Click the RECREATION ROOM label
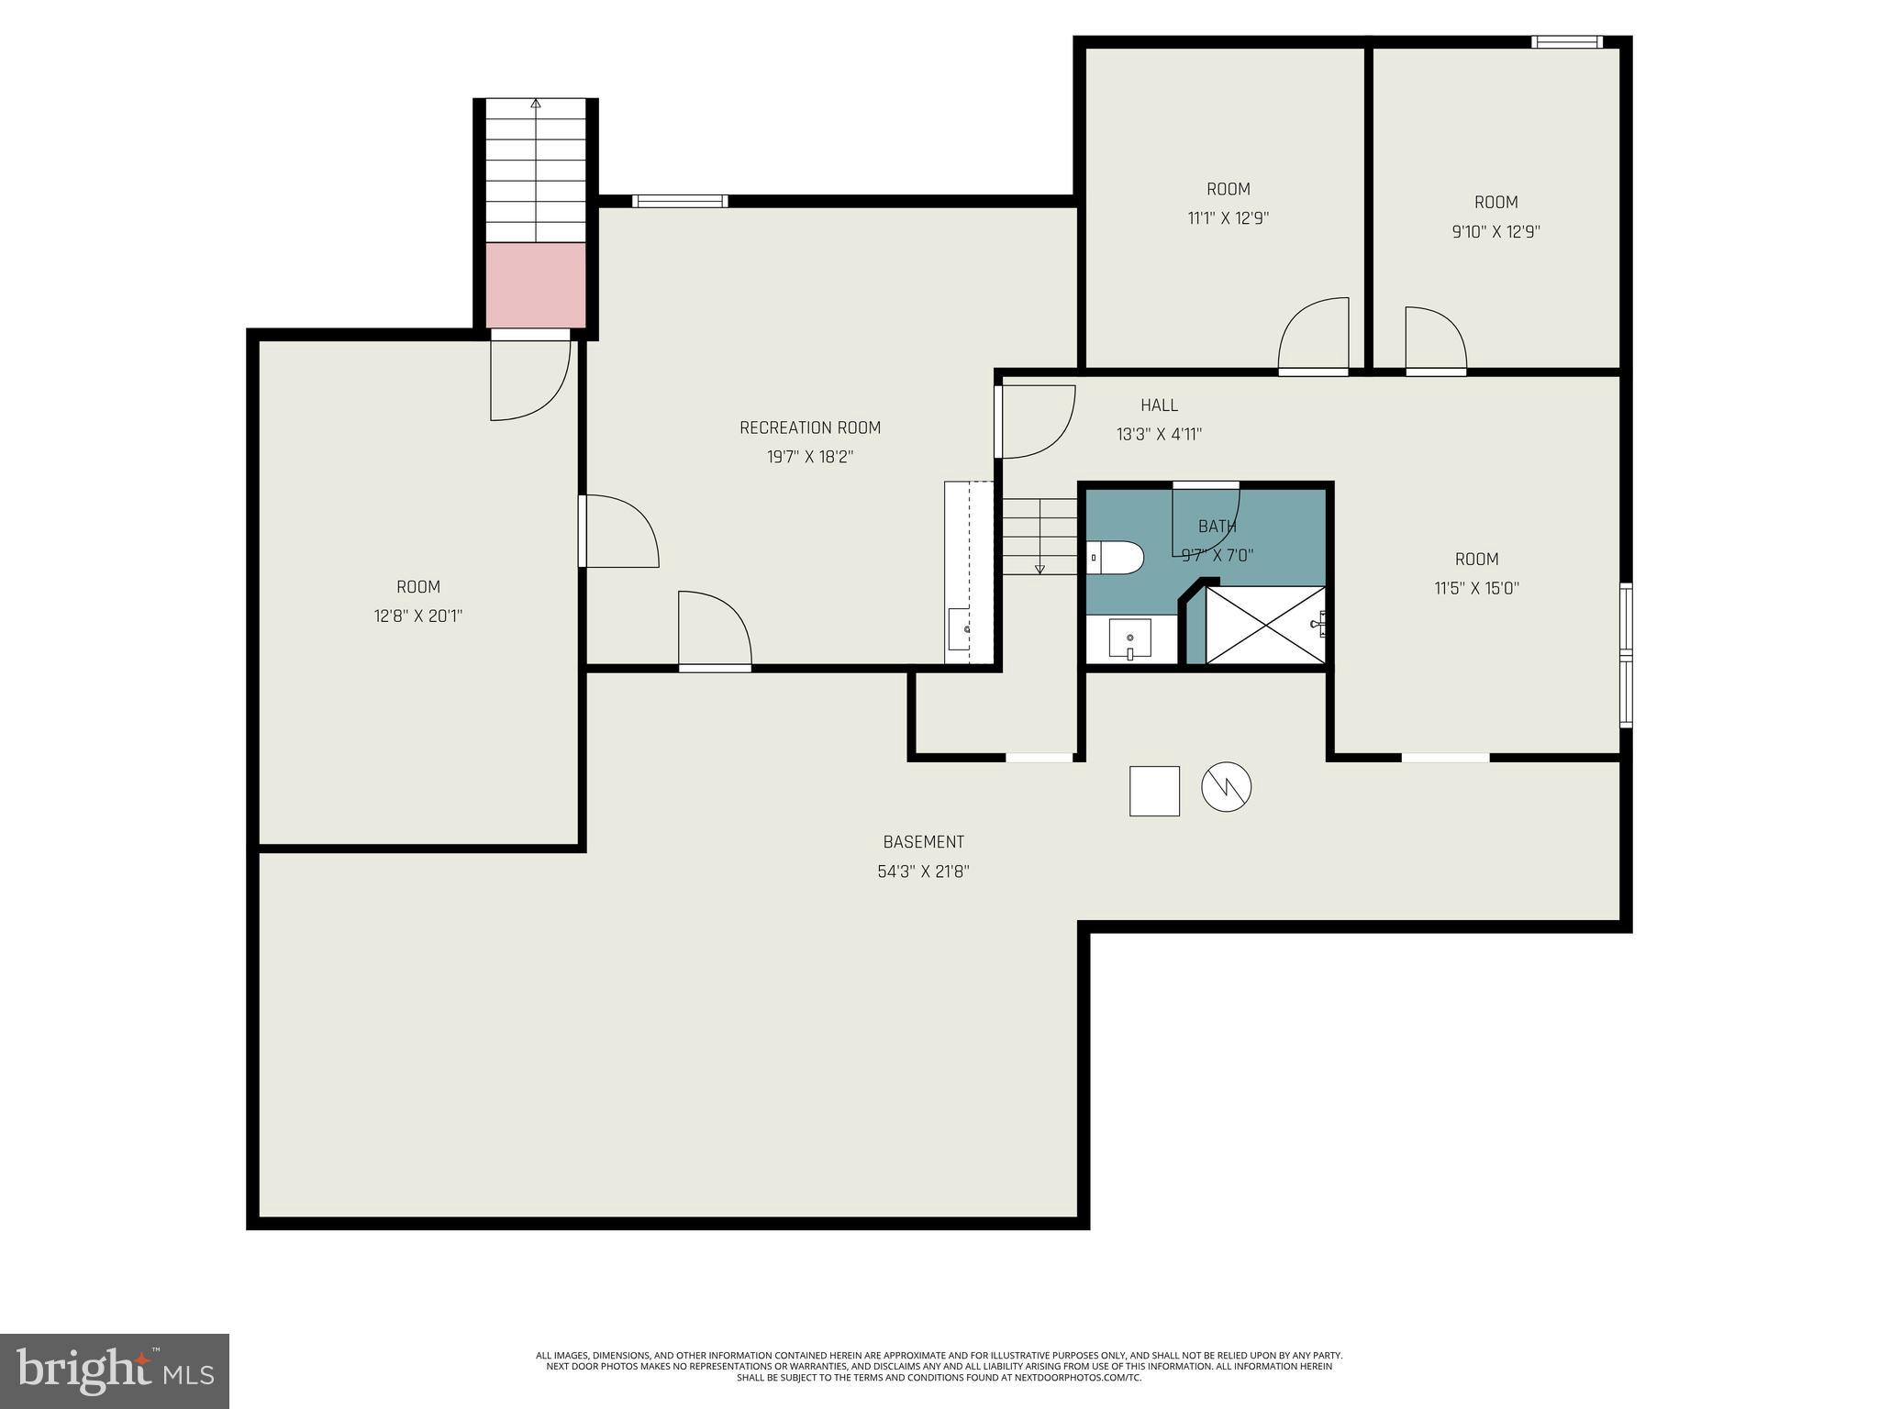point(809,427)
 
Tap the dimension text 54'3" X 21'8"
point(923,871)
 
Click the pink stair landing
point(536,284)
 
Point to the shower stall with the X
point(1264,625)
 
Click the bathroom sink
point(1129,638)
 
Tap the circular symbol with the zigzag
point(1226,787)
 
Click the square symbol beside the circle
point(1154,791)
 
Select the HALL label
point(1159,405)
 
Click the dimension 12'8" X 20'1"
point(417,616)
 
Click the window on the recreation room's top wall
point(680,201)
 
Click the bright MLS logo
point(115,1370)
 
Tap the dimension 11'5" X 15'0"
point(1476,589)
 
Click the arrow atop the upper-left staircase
point(536,104)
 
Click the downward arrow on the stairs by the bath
point(1040,569)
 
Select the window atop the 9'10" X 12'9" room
point(1567,41)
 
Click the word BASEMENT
point(923,842)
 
